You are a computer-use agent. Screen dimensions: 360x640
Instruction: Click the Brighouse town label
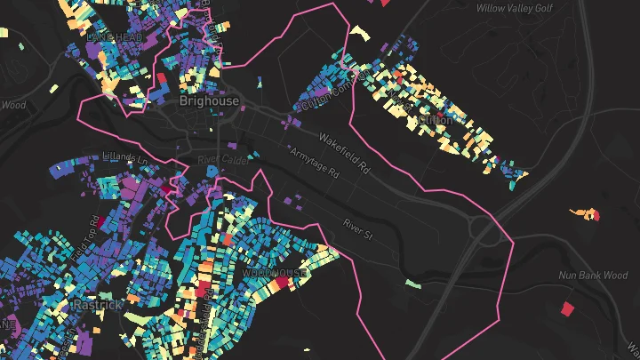[209, 100]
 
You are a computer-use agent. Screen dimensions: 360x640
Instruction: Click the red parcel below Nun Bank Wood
[567, 309]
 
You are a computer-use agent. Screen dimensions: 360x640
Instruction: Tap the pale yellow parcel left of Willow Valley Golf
[359, 33]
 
